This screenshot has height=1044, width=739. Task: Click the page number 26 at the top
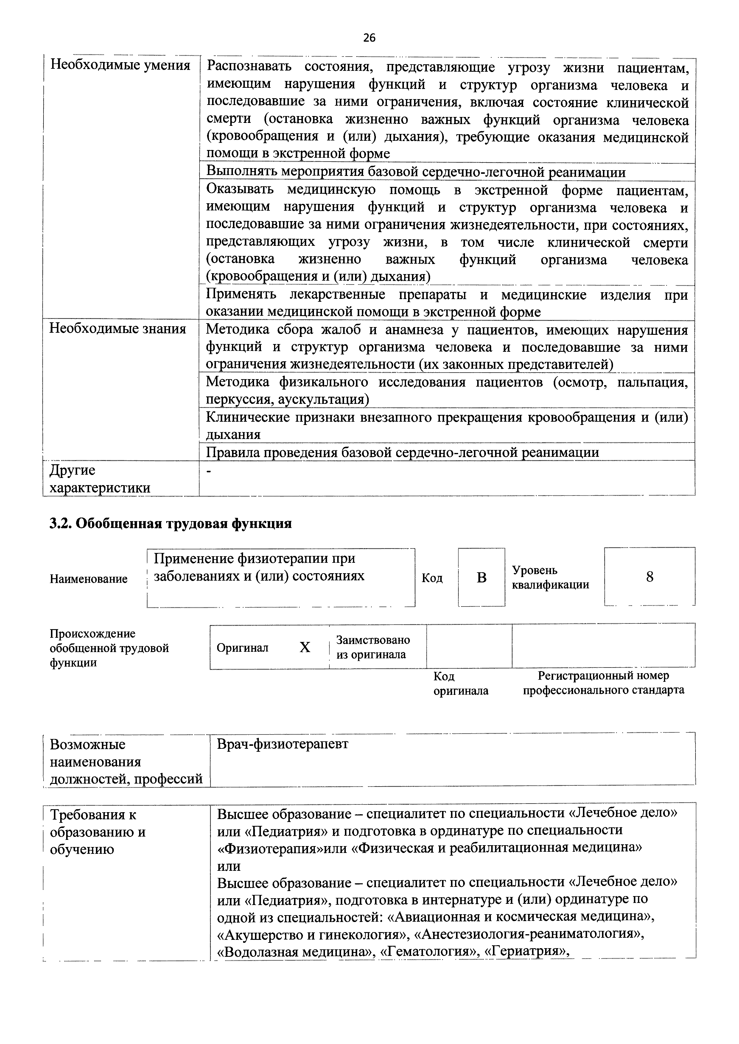pos(369,38)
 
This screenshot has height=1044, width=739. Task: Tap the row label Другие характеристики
pos(100,479)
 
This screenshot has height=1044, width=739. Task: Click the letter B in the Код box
pos(481,577)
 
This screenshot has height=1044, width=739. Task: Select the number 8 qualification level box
pos(649,576)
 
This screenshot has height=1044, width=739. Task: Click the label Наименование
pos(89,579)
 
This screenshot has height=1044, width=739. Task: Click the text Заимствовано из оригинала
pos(373,647)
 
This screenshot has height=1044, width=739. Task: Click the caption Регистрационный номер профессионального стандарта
pos(603,683)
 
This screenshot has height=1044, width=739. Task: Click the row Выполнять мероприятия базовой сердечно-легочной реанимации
pos(416,172)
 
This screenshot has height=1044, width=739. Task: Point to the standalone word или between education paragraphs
pos(228,866)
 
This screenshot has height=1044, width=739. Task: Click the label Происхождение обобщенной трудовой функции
pos(109,648)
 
